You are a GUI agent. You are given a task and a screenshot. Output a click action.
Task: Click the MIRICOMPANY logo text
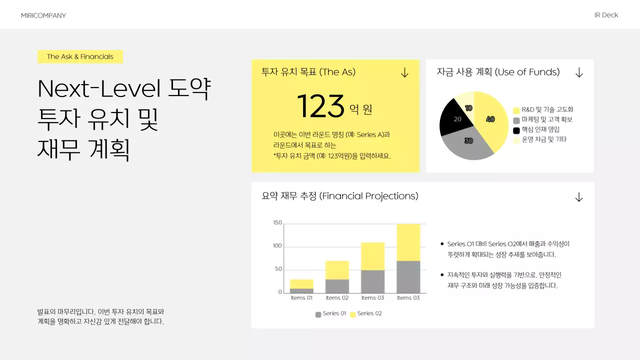(x=43, y=15)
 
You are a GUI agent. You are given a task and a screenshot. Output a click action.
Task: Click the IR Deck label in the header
(x=606, y=15)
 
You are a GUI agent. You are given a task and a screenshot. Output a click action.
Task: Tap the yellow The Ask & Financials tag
(x=80, y=56)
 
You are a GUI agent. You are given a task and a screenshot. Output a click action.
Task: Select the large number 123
(x=320, y=106)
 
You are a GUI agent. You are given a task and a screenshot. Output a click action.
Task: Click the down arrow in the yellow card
(x=404, y=73)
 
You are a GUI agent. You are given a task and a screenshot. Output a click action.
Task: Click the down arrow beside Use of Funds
(x=579, y=73)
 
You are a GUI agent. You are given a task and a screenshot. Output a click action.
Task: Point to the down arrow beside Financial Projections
(x=578, y=197)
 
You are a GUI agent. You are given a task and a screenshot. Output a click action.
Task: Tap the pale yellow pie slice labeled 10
(x=467, y=103)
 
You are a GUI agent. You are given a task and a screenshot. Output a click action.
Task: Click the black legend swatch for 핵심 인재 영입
(x=516, y=130)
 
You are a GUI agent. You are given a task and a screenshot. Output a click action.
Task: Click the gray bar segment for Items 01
(x=301, y=290)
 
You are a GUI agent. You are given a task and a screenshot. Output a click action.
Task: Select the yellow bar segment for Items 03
(x=372, y=256)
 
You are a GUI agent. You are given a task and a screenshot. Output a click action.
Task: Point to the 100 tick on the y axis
(x=277, y=246)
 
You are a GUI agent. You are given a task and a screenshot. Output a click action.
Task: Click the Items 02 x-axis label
(x=337, y=298)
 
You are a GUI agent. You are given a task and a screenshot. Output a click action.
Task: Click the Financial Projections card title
(x=340, y=196)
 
